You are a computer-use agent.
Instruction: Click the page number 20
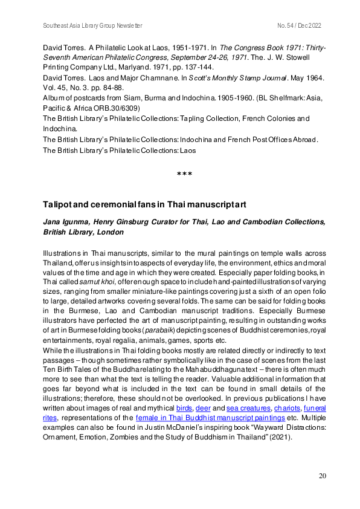(x=323, y=476)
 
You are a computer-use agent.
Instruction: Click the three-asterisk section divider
(x=184, y=175)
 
